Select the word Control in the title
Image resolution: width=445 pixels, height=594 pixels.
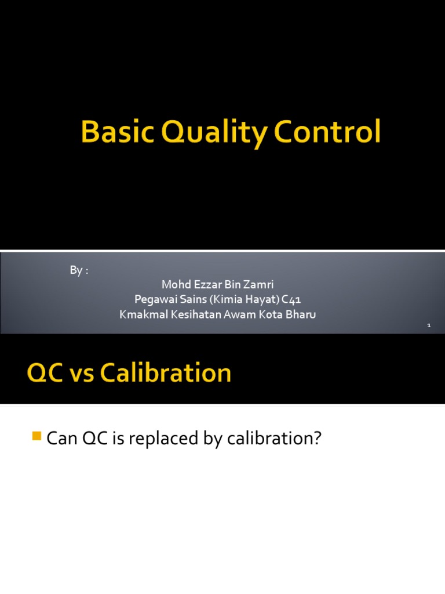[x=328, y=132]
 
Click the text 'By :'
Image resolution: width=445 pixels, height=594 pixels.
[x=79, y=271]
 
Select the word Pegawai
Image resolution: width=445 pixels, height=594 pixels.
[x=152, y=300]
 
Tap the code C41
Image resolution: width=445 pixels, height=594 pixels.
[x=291, y=300]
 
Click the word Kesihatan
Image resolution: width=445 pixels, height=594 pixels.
[x=196, y=314]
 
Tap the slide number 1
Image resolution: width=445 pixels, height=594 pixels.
[x=429, y=327]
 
